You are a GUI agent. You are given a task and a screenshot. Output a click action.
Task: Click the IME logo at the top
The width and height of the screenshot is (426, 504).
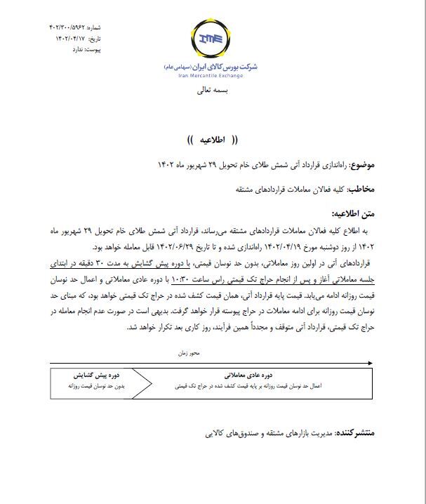pos(213,39)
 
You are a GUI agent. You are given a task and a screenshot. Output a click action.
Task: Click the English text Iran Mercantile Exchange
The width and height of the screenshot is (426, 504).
pos(213,73)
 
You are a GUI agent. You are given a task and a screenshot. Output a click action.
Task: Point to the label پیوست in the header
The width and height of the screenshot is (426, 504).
pos(88,51)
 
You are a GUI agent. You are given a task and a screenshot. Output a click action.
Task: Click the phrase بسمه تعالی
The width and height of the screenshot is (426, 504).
pos(213,91)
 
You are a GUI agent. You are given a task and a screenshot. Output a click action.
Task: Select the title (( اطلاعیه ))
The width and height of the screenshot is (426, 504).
pos(213,140)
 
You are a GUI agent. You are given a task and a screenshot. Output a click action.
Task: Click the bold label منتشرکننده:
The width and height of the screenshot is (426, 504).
pos(354,434)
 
